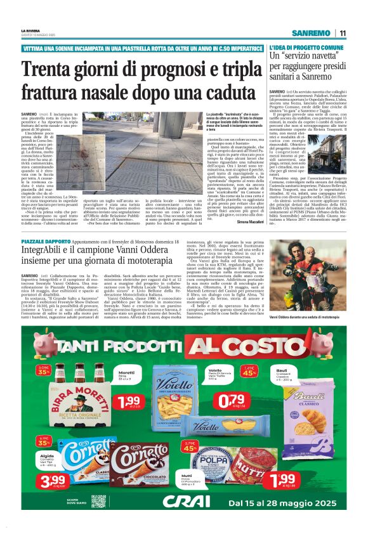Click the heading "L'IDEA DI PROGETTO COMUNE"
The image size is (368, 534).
[x=306, y=48]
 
